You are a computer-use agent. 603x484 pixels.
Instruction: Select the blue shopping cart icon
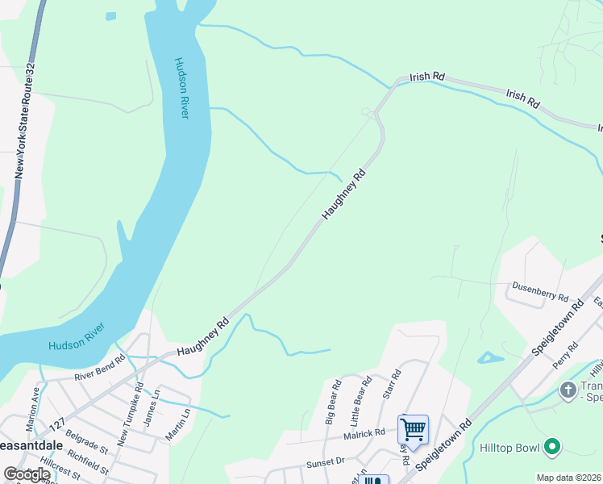pyautogui.click(x=413, y=429)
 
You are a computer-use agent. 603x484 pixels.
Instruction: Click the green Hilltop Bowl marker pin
pyautogui.click(x=552, y=446)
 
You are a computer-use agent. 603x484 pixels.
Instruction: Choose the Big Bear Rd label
pyautogui.click(x=332, y=401)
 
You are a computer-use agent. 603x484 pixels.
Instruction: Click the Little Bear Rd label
pyautogui.click(x=360, y=401)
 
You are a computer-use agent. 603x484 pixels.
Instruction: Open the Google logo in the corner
pyautogui.click(x=27, y=474)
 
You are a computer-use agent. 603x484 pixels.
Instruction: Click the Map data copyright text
pyautogui.click(x=569, y=478)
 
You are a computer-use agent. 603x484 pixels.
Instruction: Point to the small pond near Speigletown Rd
pyautogui.click(x=489, y=357)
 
